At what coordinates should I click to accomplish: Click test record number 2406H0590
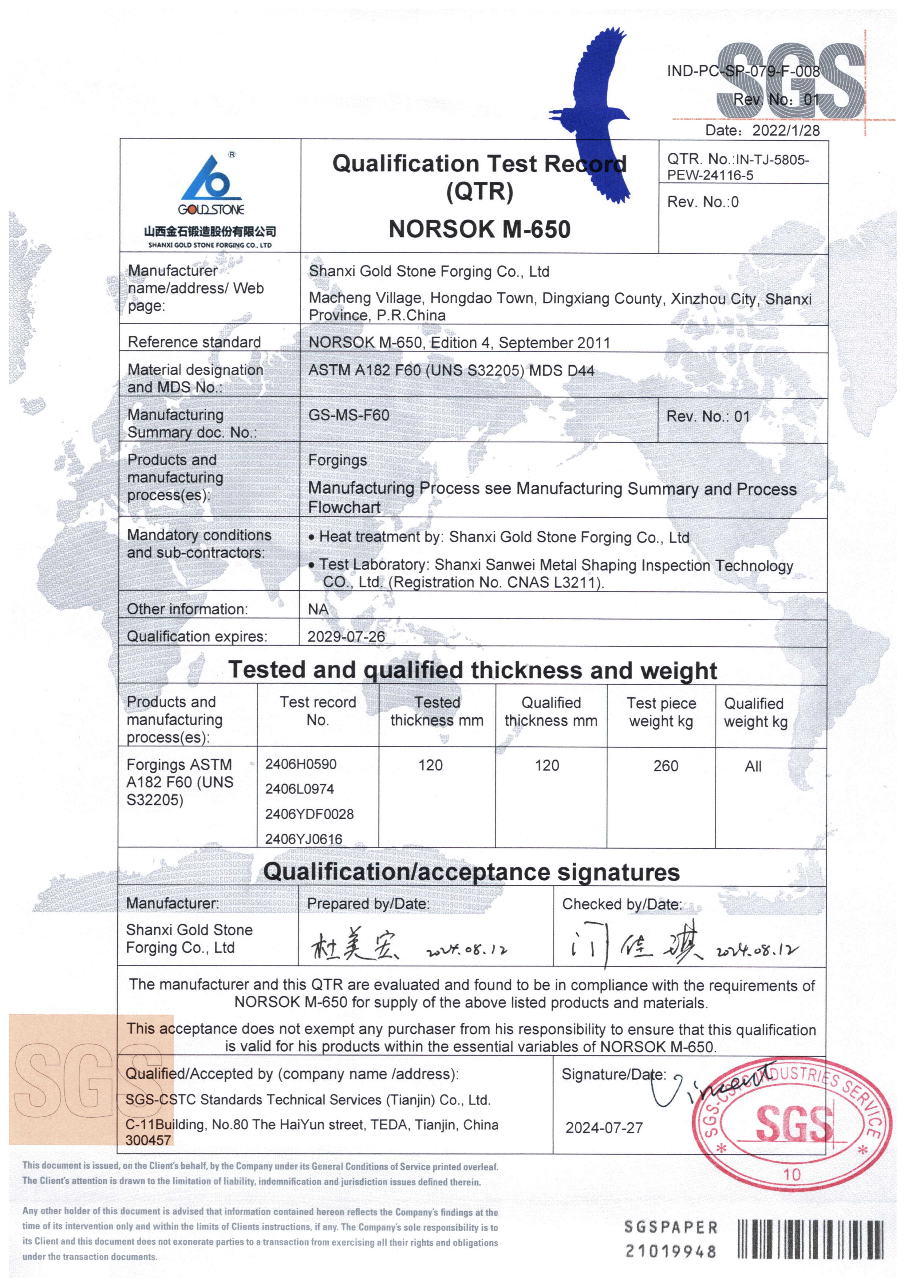[301, 764]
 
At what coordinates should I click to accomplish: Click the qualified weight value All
[753, 766]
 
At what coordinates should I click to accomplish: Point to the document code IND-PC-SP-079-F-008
[743, 71]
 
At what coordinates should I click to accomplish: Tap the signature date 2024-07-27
[604, 1128]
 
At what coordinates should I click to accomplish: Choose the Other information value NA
[318, 609]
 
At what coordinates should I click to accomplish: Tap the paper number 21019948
[671, 1251]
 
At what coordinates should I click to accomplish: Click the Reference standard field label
[194, 342]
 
